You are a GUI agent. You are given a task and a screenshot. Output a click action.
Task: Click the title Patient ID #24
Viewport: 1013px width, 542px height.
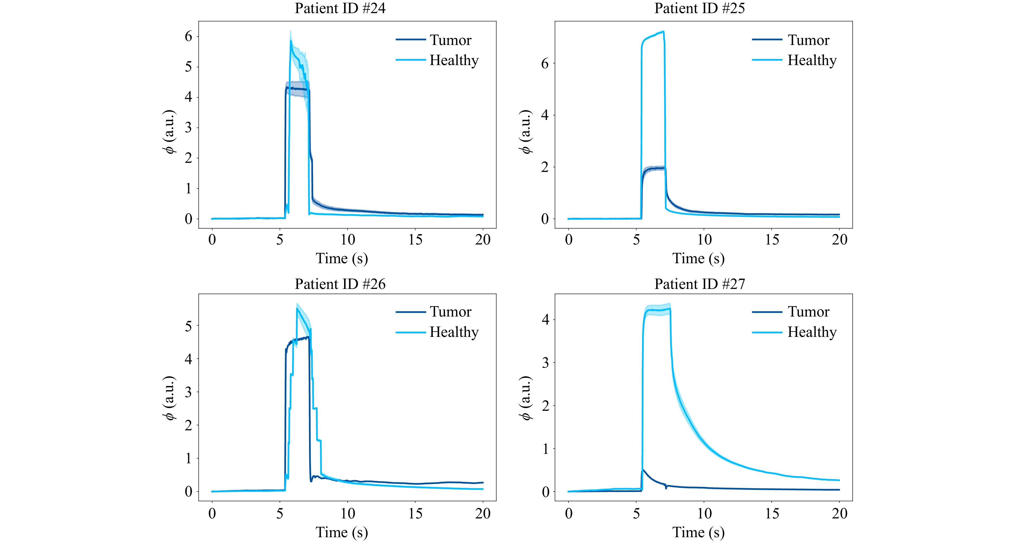340,9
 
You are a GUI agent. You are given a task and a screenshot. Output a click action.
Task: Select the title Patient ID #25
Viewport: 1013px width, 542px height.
699,9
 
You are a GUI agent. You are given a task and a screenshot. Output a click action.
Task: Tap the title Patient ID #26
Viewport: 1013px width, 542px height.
340,284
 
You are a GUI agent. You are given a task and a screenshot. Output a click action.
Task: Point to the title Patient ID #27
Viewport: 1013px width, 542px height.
699,284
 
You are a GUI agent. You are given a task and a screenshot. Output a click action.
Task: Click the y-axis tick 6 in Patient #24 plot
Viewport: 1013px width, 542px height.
188,36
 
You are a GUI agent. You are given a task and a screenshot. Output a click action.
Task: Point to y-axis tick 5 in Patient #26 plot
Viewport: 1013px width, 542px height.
188,326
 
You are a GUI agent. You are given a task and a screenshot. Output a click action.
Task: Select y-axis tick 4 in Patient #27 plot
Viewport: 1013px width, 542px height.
545,319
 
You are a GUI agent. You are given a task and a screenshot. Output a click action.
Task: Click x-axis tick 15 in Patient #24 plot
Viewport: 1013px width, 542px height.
415,239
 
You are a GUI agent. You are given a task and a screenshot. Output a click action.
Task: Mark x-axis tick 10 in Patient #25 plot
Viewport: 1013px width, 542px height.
704,239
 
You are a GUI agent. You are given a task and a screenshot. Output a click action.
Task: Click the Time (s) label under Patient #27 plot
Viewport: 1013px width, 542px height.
698,532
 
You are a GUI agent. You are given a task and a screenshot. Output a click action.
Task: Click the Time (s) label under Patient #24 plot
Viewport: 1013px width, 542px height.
342,258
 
